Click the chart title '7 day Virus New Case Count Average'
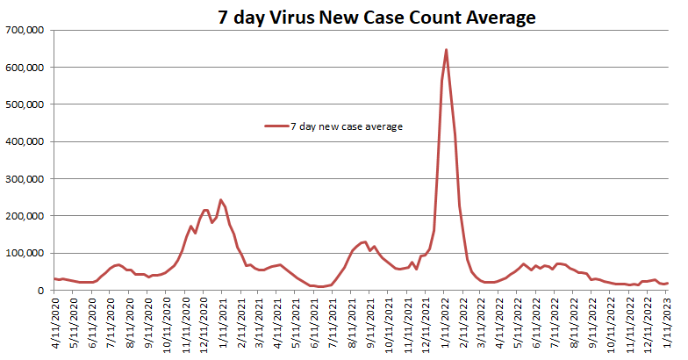tap(377, 17)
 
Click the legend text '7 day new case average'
tap(347, 126)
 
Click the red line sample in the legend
tap(276, 126)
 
